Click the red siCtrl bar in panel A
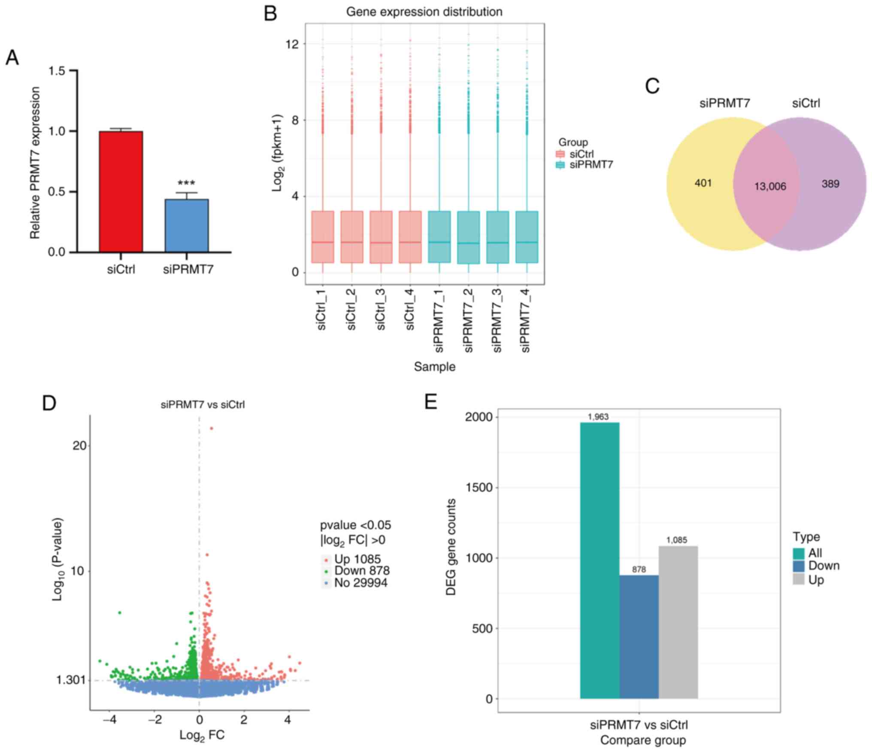[x=121, y=191]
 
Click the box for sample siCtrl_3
[x=381, y=237]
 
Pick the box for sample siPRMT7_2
[x=468, y=237]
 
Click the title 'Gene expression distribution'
[x=424, y=12]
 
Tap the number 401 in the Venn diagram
[x=703, y=183]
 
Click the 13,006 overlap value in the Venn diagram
[x=770, y=186]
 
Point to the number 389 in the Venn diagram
[x=830, y=184]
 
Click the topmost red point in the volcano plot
[x=211, y=428]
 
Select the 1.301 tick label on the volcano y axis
[x=71, y=680]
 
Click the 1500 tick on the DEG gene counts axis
[x=479, y=488]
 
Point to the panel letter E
[x=430, y=402]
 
